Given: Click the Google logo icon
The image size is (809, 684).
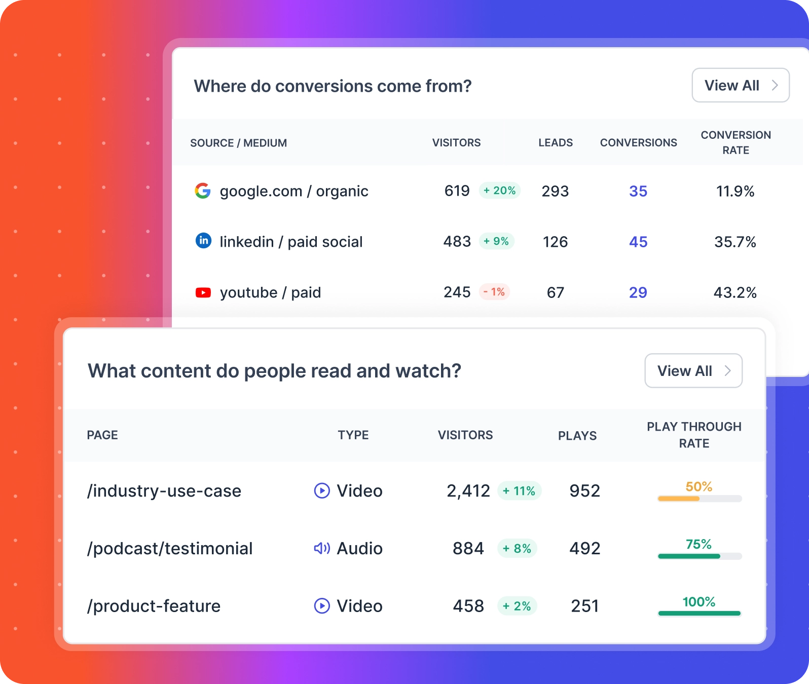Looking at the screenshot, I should (203, 191).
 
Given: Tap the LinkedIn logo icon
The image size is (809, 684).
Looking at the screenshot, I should (203, 241).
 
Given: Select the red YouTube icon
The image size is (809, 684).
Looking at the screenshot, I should (203, 292).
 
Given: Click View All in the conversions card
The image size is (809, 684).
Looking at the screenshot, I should (740, 85).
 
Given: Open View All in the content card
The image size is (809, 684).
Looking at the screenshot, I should (693, 371).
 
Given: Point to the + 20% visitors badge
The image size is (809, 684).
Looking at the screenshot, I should (499, 191).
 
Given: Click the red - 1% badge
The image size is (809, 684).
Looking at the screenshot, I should (494, 292).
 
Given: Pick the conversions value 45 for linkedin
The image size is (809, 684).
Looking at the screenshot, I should (638, 242).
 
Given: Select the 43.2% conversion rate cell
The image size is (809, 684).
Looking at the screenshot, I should (735, 292).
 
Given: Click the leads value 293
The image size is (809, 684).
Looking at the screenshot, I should (555, 191).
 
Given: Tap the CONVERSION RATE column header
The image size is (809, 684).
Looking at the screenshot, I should (736, 142).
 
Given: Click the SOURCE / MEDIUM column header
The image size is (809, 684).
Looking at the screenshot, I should (238, 143).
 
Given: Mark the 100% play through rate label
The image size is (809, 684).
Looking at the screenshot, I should (698, 602).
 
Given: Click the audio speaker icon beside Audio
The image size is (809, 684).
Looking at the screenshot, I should (322, 548).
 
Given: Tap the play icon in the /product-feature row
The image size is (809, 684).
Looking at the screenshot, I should (322, 606).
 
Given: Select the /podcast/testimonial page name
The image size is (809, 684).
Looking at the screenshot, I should (170, 548).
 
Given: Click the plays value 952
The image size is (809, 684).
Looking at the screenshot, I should (584, 490).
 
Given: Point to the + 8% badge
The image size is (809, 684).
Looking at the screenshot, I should (517, 548).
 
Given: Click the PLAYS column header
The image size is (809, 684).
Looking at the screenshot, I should (577, 436).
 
